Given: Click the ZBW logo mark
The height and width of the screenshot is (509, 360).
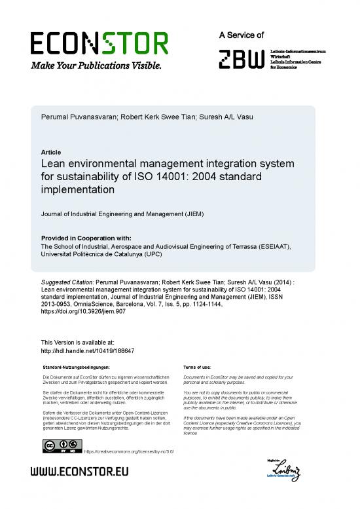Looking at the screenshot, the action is click(242, 58).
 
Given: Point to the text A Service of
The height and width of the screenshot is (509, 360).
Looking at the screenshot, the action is click(242, 35).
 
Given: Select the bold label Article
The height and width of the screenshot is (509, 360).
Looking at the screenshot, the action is click(51, 152).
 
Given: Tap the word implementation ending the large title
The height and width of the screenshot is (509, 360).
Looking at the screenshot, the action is click(78, 189).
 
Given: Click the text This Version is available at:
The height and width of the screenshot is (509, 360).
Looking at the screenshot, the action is click(78, 342).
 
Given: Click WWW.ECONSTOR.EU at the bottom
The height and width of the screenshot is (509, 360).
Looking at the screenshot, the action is click(81, 472).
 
